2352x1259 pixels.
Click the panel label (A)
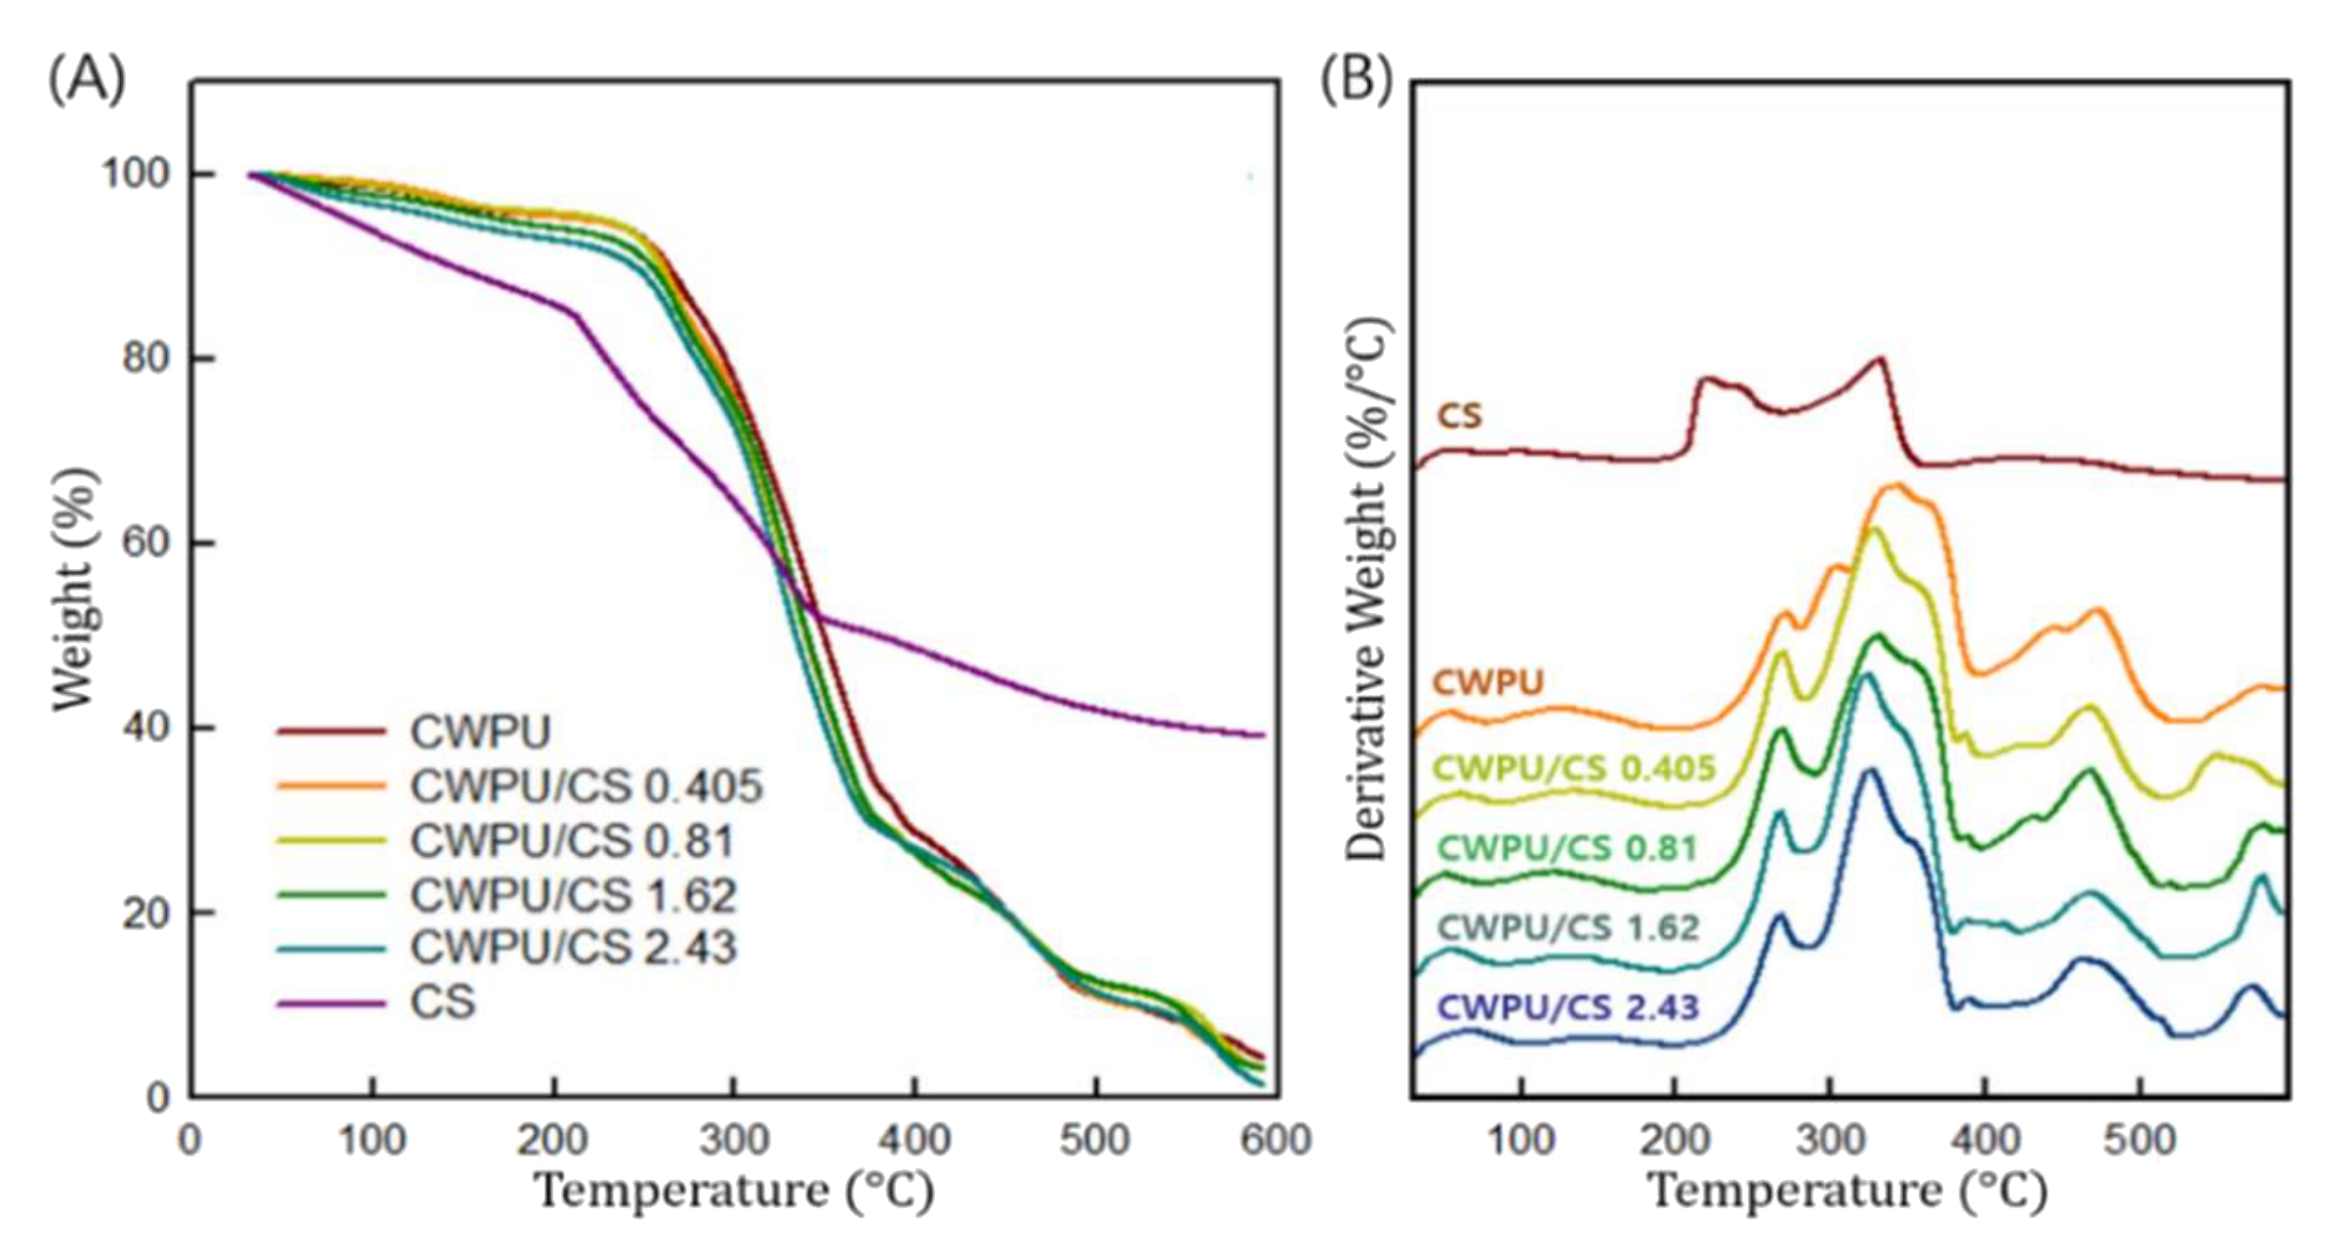[x=87, y=79]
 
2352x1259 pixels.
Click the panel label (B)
[x=1356, y=79]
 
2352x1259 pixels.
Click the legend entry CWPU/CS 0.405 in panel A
[x=586, y=787]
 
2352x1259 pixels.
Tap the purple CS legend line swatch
[x=331, y=1002]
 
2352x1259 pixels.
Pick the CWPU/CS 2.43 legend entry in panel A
[x=573, y=948]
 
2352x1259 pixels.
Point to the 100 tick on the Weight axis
[x=136, y=174]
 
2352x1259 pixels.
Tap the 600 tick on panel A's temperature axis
[x=1275, y=1140]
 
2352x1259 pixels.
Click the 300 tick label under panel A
[x=733, y=1140]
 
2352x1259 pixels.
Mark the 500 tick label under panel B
[x=2139, y=1140]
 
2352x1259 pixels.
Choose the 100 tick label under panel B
[x=1521, y=1140]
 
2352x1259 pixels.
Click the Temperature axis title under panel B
[x=1846, y=1192]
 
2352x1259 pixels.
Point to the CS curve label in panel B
[x=1459, y=417]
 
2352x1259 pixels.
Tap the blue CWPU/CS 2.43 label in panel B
[x=1568, y=1007]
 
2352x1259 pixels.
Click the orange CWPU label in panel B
[x=1487, y=682]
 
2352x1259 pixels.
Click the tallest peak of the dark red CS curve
[x=1880, y=359]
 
